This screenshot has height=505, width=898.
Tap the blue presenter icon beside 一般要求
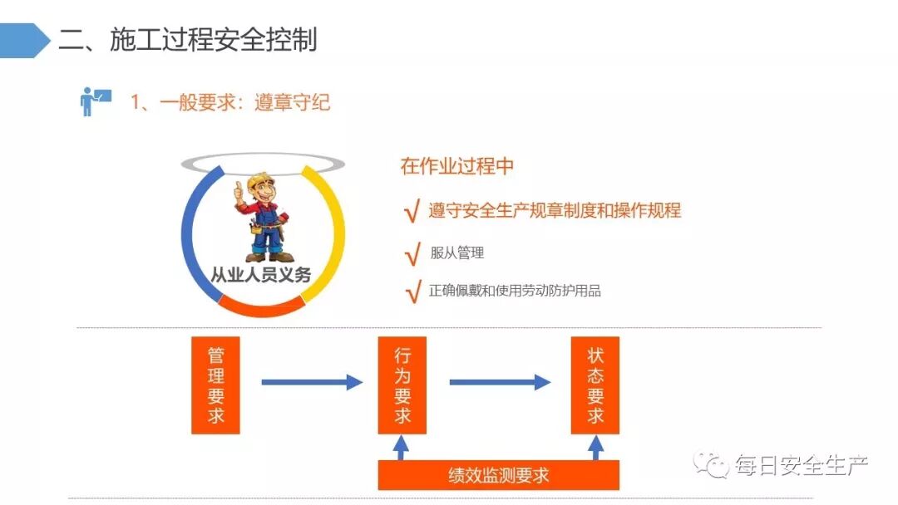[94, 101]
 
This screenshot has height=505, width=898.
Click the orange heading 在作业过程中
[456, 166]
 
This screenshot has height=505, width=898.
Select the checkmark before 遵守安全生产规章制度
[411, 212]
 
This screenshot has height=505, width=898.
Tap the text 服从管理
[456, 253]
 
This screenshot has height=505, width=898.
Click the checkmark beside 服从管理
[411, 255]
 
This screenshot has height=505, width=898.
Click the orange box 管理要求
[215, 385]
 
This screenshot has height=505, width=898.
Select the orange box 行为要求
[402, 385]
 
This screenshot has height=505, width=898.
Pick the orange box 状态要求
[595, 385]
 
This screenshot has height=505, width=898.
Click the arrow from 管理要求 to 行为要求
[312, 382]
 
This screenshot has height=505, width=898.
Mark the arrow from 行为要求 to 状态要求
[500, 382]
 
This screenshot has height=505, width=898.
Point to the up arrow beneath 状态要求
[595, 449]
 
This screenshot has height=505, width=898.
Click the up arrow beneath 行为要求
[402, 449]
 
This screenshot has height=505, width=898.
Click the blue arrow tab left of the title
[24, 40]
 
